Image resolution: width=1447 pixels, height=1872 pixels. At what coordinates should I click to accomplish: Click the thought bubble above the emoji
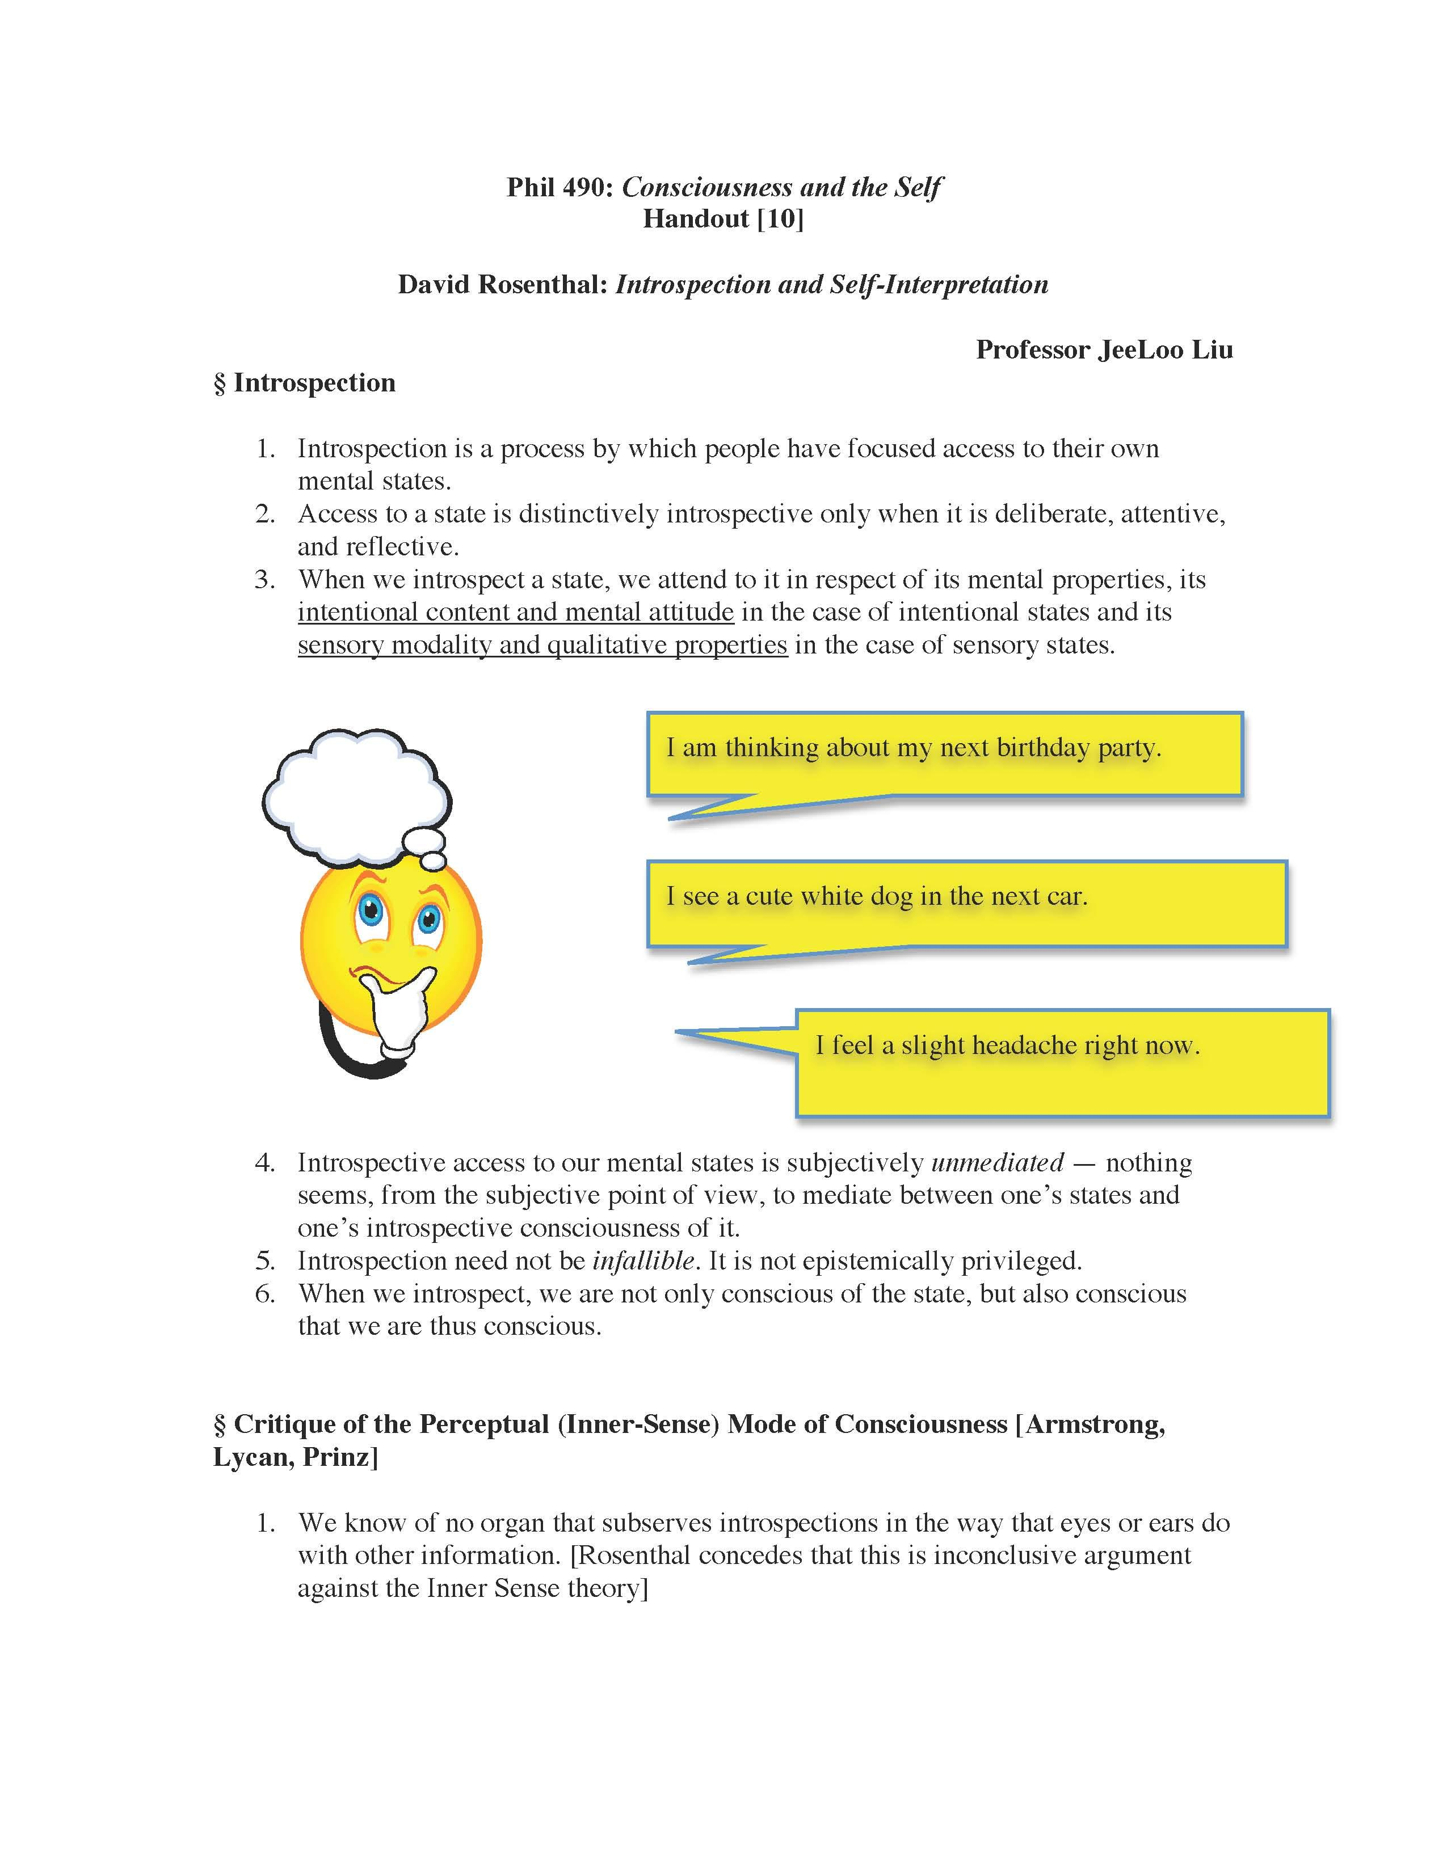[x=356, y=793]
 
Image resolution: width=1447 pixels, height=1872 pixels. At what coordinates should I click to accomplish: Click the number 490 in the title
[x=586, y=187]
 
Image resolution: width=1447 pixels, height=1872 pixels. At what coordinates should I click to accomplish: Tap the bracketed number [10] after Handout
[x=780, y=220]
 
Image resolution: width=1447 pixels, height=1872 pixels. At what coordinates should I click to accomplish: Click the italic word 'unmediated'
[x=997, y=1162]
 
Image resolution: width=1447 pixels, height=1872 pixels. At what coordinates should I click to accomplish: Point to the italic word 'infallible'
[x=643, y=1261]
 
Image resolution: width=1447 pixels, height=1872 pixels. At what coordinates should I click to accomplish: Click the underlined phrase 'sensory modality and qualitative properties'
[x=542, y=644]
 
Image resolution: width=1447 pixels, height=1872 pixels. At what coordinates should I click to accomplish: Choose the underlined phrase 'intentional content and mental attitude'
[x=515, y=612]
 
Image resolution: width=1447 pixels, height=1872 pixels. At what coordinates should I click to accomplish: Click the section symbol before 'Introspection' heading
[x=220, y=383]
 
